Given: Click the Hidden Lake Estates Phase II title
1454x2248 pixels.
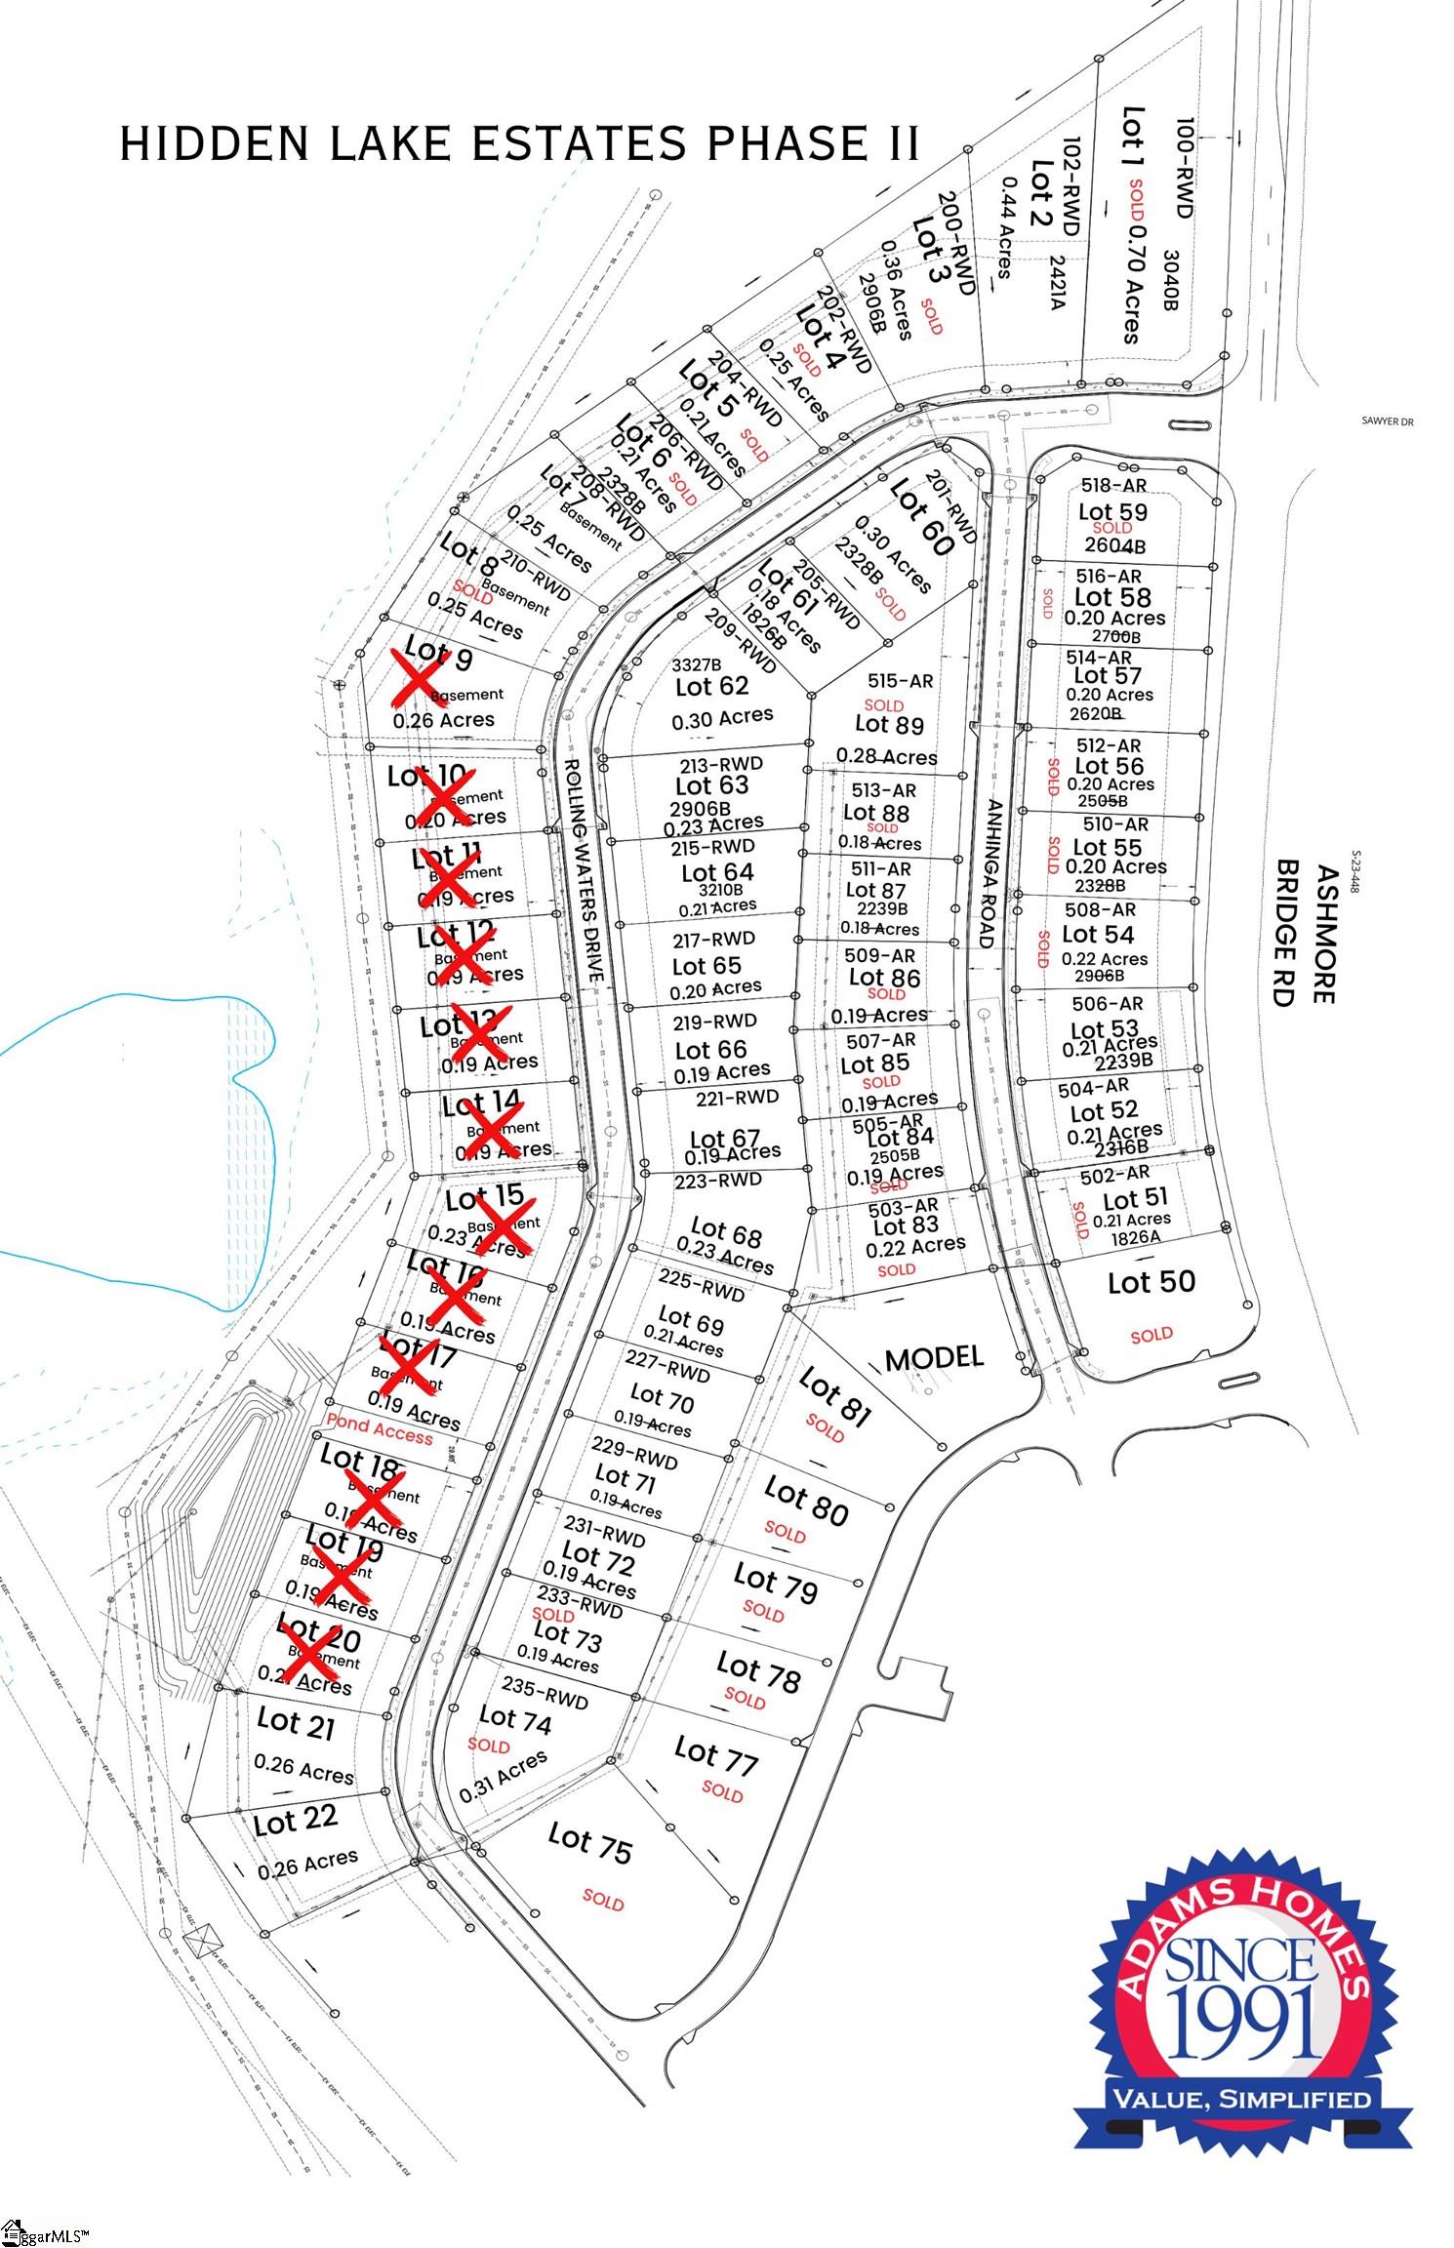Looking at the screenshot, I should point(519,143).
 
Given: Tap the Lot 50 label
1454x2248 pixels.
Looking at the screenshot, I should point(1151,1281).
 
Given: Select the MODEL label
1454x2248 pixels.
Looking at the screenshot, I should point(934,1357).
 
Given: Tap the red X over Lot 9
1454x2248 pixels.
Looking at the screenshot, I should point(415,674).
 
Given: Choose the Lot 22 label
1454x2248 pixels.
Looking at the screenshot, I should point(295,1821).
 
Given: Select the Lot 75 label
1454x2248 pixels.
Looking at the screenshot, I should point(589,1842).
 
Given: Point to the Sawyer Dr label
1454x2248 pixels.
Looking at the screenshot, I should point(1388,422).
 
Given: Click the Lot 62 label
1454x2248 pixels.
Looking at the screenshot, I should point(711,686).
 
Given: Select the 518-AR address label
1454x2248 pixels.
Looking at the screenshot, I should point(1113,485).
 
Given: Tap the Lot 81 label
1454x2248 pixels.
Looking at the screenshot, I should point(834,1397).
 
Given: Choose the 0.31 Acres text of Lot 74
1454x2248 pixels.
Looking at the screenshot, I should point(503,1775).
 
